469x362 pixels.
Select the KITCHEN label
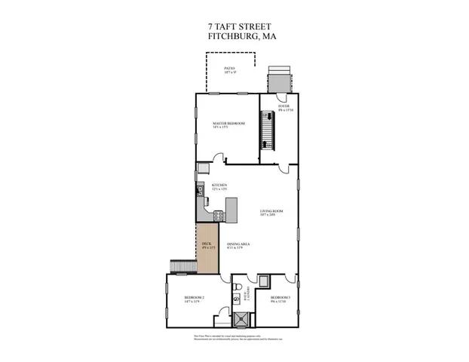point(219,186)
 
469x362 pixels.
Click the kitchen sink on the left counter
point(201,190)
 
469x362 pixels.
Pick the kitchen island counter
point(231,209)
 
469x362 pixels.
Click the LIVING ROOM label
point(271,213)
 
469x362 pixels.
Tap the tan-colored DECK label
point(207,245)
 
